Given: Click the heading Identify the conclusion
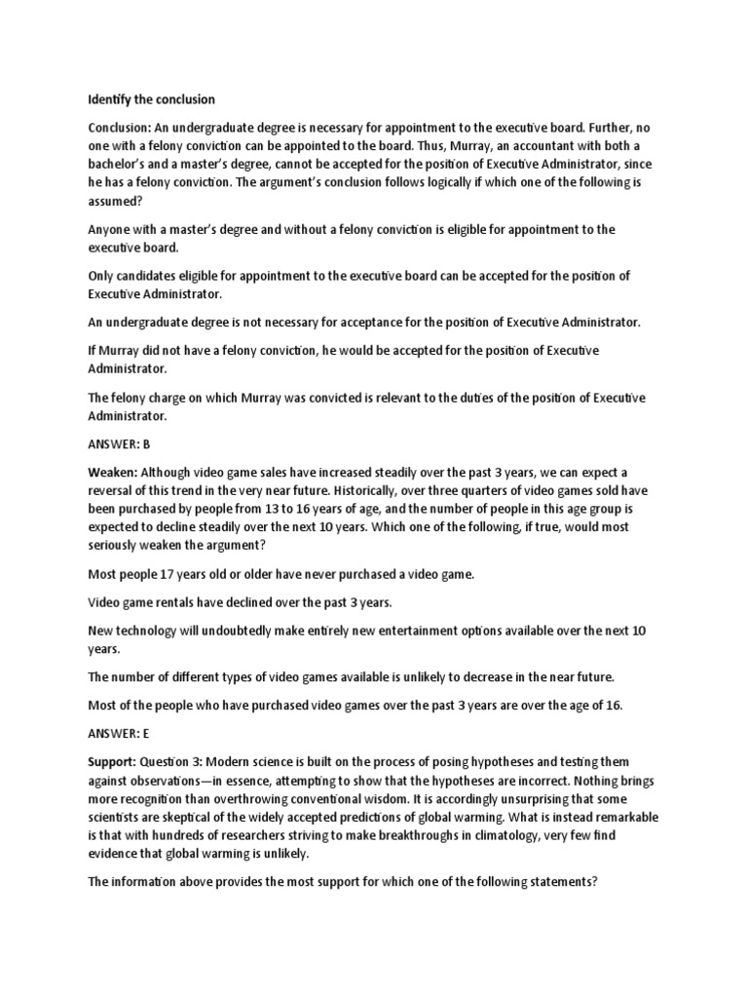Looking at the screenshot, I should coord(151,99).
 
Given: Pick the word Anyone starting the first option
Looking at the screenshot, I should coord(113,229).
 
